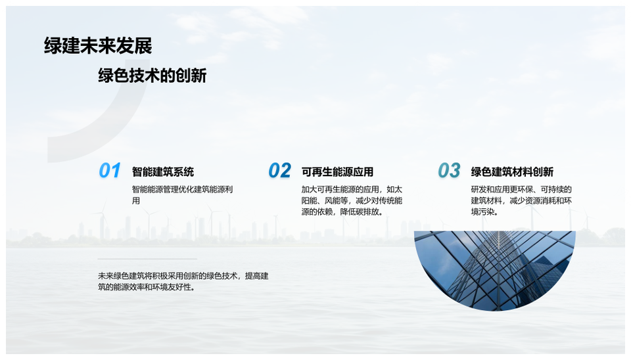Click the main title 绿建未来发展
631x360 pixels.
(98, 46)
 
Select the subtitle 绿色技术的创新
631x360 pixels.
(152, 76)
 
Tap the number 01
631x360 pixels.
(110, 171)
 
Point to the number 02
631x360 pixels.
(280, 171)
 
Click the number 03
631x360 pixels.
(449, 171)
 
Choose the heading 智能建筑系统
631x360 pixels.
(163, 171)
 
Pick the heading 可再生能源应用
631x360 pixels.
(337, 171)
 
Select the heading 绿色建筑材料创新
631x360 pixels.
(512, 171)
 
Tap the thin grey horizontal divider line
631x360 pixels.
(147, 259)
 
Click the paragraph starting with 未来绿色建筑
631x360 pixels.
(183, 281)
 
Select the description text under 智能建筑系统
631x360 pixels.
(182, 194)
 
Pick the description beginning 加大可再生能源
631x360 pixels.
(352, 200)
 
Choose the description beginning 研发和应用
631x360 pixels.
(521, 200)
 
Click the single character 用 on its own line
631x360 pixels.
(136, 200)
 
